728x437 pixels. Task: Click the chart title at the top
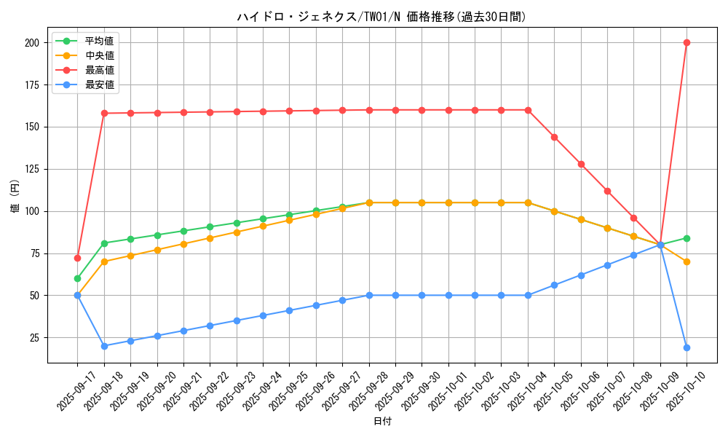click(381, 17)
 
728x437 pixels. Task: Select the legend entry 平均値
click(100, 41)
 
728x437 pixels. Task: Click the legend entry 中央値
click(100, 55)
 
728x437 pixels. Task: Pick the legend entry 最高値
click(100, 70)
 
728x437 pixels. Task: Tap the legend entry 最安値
click(100, 84)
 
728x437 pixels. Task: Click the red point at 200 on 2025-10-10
click(687, 42)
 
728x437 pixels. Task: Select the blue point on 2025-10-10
click(687, 347)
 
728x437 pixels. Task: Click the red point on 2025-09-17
click(77, 258)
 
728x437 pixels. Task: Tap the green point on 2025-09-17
click(77, 278)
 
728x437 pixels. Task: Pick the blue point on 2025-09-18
click(104, 346)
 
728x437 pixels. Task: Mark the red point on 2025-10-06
click(581, 164)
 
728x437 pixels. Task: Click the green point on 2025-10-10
click(687, 238)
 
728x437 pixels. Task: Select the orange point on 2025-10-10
click(687, 261)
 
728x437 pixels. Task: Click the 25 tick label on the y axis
click(34, 338)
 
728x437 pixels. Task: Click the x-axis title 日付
click(382, 422)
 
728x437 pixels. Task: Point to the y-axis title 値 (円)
click(15, 197)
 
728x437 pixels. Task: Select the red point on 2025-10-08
click(633, 218)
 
